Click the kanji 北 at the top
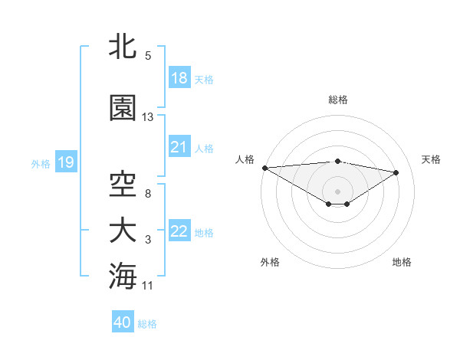[123, 47]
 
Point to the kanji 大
[123, 231]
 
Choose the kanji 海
[123, 276]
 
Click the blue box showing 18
[179, 77]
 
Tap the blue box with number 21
[179, 146]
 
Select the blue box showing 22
[179, 231]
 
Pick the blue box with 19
[65, 162]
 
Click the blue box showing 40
[123, 322]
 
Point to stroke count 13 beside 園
[148, 117]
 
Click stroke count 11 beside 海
[148, 286]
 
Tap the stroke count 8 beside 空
[148, 194]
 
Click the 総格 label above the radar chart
[338, 100]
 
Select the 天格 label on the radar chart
[431, 159]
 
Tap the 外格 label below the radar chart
[270, 262]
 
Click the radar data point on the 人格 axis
[264, 168]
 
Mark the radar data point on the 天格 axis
[396, 172]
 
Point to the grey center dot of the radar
[337, 190]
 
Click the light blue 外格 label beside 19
[41, 163]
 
